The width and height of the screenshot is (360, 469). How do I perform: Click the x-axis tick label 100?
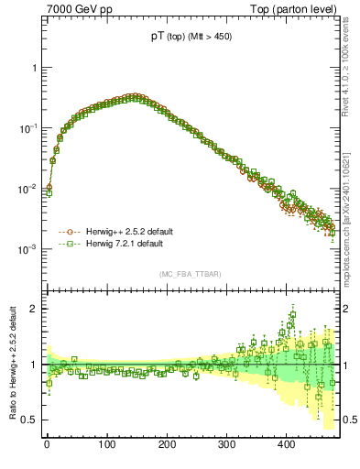tap(106, 444)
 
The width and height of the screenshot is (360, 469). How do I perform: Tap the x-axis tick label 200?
tap(166, 444)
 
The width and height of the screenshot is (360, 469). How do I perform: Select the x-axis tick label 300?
tap(226, 444)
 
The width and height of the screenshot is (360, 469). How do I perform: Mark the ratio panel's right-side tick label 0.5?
tap(349, 420)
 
